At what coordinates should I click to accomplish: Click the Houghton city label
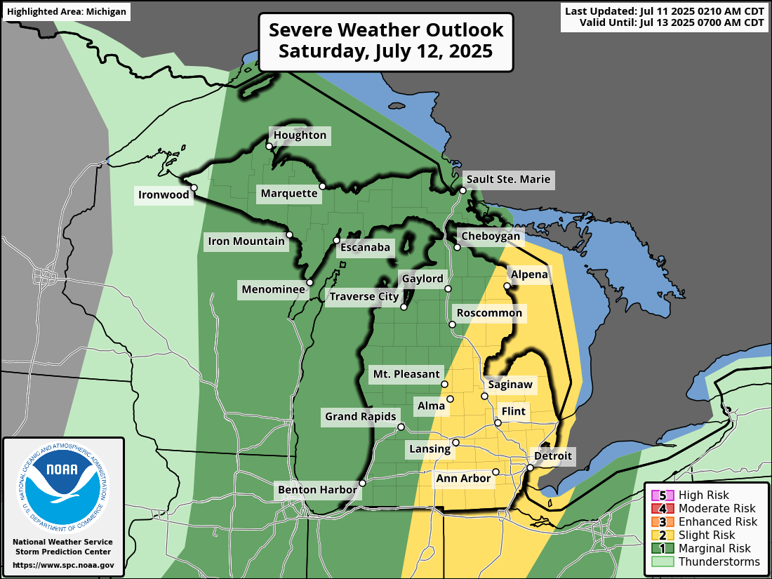300,135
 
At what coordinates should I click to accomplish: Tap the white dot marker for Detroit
531,467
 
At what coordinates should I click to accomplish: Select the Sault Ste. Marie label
509,179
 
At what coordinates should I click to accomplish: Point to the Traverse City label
364,297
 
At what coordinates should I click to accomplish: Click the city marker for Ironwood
194,187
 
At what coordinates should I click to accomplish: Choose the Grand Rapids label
360,417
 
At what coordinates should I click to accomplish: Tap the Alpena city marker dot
507,286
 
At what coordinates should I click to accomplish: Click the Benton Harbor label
317,489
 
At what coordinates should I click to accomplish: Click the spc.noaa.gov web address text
63,564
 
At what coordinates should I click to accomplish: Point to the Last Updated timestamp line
663,11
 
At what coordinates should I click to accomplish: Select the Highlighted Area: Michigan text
67,11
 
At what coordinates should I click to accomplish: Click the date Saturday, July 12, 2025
385,52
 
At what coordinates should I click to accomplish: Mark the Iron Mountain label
247,242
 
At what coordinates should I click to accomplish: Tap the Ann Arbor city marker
495,472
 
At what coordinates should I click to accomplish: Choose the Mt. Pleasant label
406,374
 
